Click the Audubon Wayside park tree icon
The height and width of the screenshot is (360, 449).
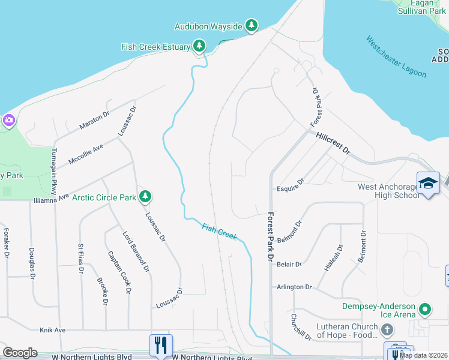253,26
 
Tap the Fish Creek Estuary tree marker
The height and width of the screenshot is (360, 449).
199,46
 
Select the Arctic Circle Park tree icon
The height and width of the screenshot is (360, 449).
145,196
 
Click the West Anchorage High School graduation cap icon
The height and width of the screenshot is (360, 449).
428,183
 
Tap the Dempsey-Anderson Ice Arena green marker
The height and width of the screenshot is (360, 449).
426,310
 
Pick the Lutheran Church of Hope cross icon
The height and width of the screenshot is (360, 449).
387,330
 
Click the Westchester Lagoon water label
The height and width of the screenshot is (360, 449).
396,57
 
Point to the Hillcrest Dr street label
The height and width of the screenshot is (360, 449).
333,144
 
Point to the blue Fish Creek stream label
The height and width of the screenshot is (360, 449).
219,231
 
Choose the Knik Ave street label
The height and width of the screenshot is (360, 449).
52,330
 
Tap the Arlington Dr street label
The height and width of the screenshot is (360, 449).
294,287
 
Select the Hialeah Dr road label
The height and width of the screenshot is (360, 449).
333,259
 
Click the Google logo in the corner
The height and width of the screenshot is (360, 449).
20,352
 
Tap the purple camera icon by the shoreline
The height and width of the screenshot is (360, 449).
8,121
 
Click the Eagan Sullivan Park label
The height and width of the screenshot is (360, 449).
420,7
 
